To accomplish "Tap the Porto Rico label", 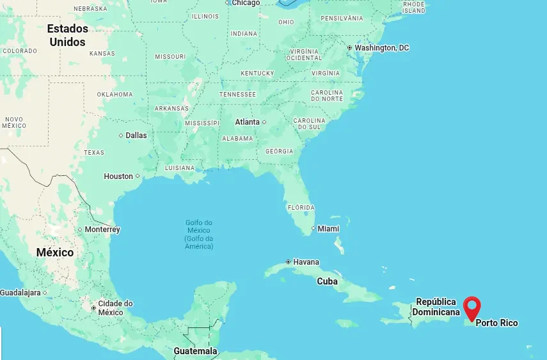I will (x=496, y=323).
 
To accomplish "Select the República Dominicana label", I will (x=436, y=307).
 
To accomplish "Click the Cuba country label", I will (x=327, y=281).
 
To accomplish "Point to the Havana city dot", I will (x=289, y=262).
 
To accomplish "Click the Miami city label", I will (x=328, y=229).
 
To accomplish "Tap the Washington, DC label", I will (x=381, y=48).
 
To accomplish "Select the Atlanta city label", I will (x=248, y=122).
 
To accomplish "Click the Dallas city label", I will (x=136, y=136).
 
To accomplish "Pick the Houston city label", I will (x=118, y=176).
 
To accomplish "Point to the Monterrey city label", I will (x=102, y=230).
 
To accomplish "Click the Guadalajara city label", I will (x=20, y=293).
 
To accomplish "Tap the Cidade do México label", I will (x=115, y=308).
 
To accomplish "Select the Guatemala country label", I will (x=195, y=351).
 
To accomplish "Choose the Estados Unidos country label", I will (x=68, y=36).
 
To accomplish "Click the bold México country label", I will (x=55, y=253).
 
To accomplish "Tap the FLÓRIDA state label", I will (x=301, y=208).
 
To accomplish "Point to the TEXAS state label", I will (x=94, y=153).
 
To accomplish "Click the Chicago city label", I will (x=246, y=3).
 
